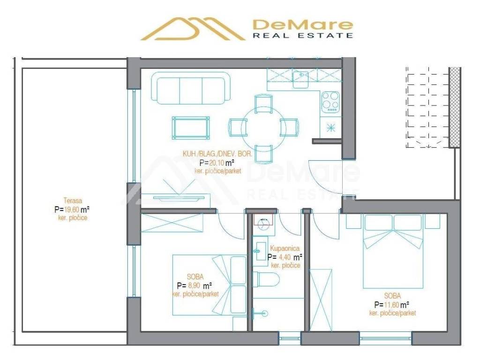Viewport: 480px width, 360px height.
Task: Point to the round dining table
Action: point(263,127)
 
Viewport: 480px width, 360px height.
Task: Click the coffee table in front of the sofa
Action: point(190,127)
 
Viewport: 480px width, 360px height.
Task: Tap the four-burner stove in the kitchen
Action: point(330,101)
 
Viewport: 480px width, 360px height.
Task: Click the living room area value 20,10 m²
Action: point(217,163)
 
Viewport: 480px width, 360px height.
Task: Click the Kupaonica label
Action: point(285,248)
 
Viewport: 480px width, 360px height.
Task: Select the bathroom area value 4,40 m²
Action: point(285,257)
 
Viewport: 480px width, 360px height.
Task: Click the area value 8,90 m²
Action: point(194,285)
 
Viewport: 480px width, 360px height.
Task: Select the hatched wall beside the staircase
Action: point(454,107)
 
